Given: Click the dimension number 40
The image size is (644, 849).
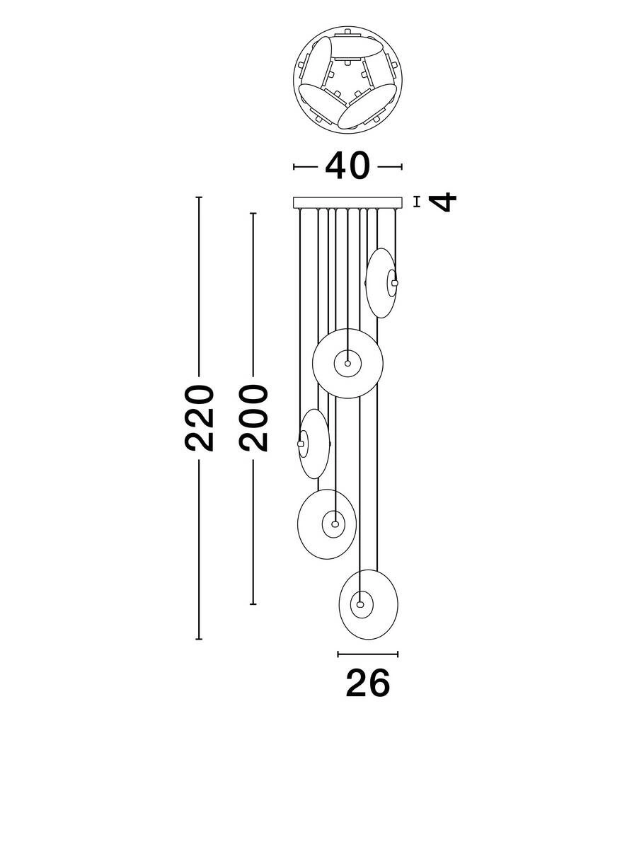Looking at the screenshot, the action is pyautogui.click(x=347, y=166).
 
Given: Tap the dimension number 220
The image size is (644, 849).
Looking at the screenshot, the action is pyautogui.click(x=199, y=417).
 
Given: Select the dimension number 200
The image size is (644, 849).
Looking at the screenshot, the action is pyautogui.click(x=253, y=417).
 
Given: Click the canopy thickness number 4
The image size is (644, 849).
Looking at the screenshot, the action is pyautogui.click(x=443, y=202).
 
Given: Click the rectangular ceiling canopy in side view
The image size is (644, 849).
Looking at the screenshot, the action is pyautogui.click(x=347, y=202).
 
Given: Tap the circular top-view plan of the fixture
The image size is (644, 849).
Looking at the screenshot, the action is pyautogui.click(x=347, y=80).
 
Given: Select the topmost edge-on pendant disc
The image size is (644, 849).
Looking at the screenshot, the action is pyautogui.click(x=381, y=283).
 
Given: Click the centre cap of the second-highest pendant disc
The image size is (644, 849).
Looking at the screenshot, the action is pyautogui.click(x=347, y=363).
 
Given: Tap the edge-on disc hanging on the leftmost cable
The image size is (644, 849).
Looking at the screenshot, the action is pyautogui.click(x=314, y=444).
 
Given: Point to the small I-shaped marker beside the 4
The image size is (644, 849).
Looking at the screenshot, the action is pyautogui.click(x=416, y=202).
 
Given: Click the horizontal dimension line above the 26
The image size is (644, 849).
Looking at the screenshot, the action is pyautogui.click(x=367, y=654).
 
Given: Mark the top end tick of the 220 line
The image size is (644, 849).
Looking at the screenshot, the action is pyautogui.click(x=199, y=197).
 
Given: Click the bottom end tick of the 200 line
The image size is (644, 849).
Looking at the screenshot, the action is pyautogui.click(x=253, y=603).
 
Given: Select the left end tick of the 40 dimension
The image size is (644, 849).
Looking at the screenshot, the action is pyautogui.click(x=294, y=167).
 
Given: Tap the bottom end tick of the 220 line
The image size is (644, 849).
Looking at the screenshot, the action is pyautogui.click(x=199, y=639).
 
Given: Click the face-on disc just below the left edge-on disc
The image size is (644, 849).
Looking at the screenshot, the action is pyautogui.click(x=327, y=524).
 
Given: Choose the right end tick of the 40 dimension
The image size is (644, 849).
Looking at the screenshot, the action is pyautogui.click(x=401, y=167).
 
